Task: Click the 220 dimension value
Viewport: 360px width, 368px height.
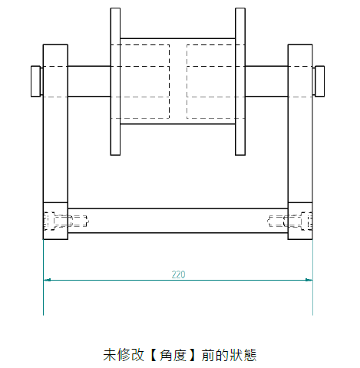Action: click(178, 274)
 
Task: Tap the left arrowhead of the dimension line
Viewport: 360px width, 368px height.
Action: click(47, 280)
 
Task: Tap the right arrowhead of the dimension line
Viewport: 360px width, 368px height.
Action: click(309, 280)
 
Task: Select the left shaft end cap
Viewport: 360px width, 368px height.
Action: click(36, 81)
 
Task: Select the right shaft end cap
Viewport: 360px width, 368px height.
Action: click(319, 81)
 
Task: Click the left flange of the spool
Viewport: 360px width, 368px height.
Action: click(115, 81)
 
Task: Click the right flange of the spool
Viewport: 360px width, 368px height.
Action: click(240, 81)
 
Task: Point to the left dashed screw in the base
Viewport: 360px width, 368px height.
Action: click(66, 221)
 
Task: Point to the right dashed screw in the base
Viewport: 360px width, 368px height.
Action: click(290, 221)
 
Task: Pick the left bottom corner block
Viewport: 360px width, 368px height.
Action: click(55, 221)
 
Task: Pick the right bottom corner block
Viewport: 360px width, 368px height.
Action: click(300, 221)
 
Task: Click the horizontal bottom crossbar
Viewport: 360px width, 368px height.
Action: click(178, 221)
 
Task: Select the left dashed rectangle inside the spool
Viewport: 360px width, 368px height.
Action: click(140, 81)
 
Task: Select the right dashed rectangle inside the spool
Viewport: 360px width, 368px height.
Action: click(216, 81)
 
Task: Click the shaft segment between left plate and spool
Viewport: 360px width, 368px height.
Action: click(89, 81)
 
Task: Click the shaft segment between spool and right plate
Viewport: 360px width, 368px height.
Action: click(266, 81)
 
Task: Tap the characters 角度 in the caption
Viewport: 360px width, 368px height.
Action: click(173, 355)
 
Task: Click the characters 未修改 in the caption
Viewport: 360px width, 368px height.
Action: click(124, 355)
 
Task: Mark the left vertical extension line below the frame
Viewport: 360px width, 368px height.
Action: click(43, 278)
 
